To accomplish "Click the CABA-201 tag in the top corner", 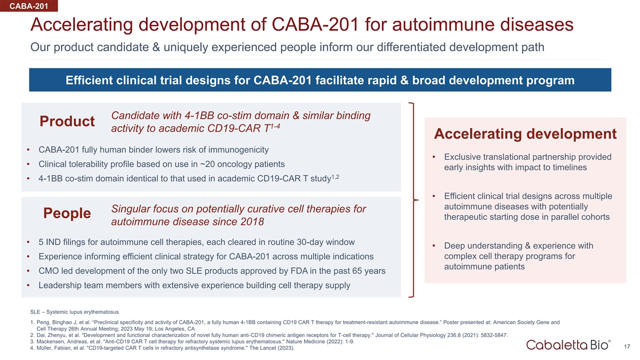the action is (x=29, y=6).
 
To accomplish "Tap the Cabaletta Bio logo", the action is (x=569, y=345).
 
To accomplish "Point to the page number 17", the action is (x=627, y=347).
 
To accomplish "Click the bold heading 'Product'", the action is (x=67, y=121).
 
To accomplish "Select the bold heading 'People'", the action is (x=67, y=213).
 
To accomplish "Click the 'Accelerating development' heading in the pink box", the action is (x=525, y=134).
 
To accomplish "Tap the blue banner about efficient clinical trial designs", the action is (x=320, y=80).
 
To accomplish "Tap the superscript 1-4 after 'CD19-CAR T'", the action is (x=275, y=126).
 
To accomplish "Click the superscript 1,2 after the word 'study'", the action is (x=335, y=177).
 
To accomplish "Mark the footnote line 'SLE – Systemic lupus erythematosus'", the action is (x=75, y=312).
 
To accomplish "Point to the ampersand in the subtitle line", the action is (x=156, y=47).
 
